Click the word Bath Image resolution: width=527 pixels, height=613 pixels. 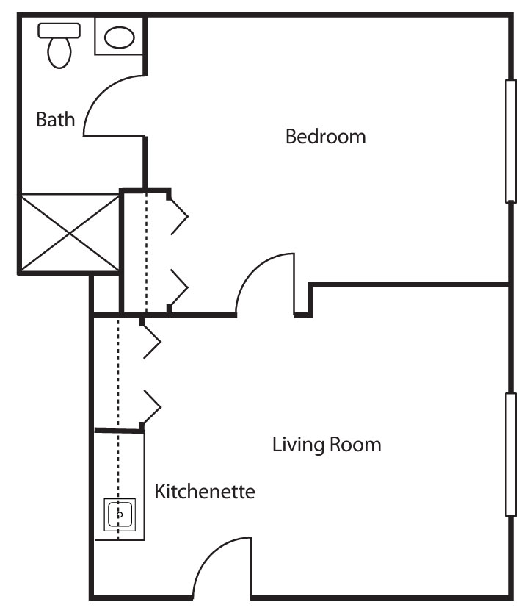(56, 119)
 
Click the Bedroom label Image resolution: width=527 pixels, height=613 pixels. (326, 137)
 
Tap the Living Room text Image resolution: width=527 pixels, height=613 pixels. (327, 445)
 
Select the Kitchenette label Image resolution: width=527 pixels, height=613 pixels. (205, 491)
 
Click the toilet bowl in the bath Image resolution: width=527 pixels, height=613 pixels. (59, 53)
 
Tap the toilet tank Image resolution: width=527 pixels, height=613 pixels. (59, 30)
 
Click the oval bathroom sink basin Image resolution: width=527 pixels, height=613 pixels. (120, 37)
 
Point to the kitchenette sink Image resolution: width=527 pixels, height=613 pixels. (120, 515)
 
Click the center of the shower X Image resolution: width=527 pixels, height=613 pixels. (70, 234)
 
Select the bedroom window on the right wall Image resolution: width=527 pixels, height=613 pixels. (511, 141)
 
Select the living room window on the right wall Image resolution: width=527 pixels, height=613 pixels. (511, 455)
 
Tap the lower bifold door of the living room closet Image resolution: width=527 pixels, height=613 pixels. (151, 407)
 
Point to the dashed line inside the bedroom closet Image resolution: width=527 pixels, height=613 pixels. (147, 252)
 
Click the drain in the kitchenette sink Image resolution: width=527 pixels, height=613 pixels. (120, 515)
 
